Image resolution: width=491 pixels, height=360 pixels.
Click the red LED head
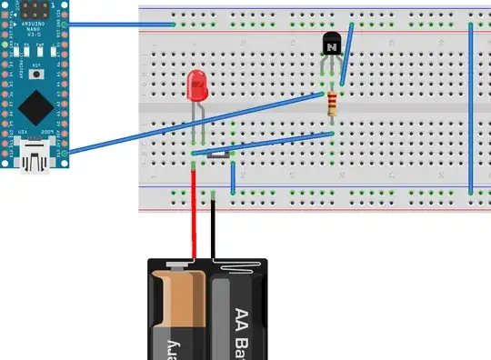pyautogui.click(x=196, y=86)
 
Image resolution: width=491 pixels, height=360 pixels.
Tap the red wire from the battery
pyautogui.click(x=193, y=218)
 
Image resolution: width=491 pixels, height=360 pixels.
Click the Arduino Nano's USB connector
pyautogui.click(x=36, y=162)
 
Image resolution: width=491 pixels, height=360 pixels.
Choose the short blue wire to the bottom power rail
pyautogui.click(x=234, y=177)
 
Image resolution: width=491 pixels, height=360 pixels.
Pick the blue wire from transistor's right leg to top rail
pyautogui.click(x=346, y=55)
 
